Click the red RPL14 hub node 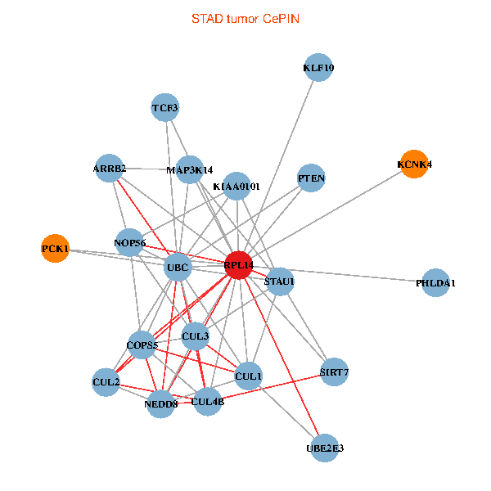(x=237, y=265)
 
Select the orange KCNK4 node (x=414, y=164)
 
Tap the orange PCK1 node (x=56, y=248)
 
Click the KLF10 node (x=318, y=68)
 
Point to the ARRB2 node (x=109, y=169)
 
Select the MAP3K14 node (x=190, y=170)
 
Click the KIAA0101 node (x=236, y=186)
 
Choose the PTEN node (x=311, y=178)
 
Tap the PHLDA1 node (x=436, y=282)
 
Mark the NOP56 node (x=130, y=242)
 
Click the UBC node (x=178, y=266)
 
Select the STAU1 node (x=279, y=281)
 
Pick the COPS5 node (x=142, y=345)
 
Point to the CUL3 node (x=196, y=336)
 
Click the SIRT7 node (x=335, y=372)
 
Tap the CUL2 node (x=106, y=381)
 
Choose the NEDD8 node (x=161, y=403)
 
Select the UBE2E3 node (x=325, y=448)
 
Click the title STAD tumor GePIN (x=245, y=18)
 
